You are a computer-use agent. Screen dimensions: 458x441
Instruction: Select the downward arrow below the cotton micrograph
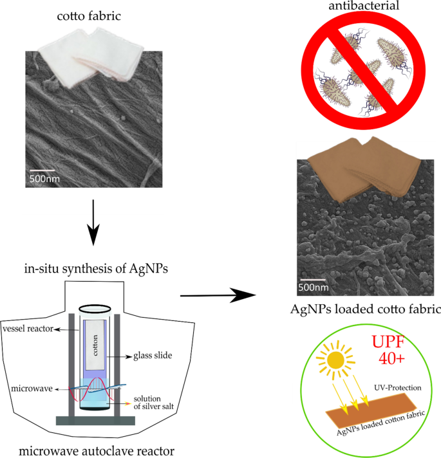pyautogui.click(x=94, y=222)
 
